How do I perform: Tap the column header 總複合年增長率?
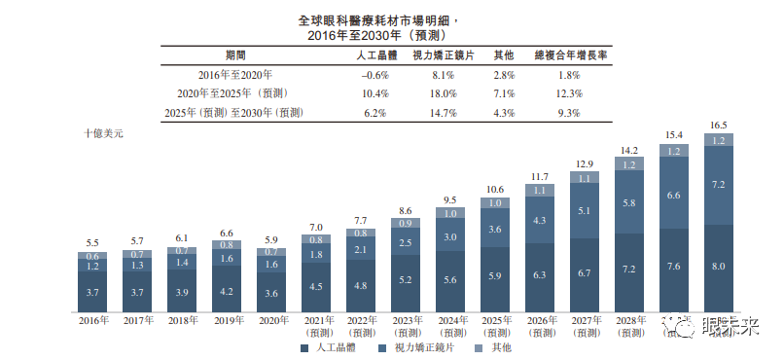pyautogui.click(x=571, y=56)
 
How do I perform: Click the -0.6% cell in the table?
pyautogui.click(x=375, y=75)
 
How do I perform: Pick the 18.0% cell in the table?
pyautogui.click(x=444, y=93)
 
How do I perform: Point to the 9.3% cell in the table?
pyautogui.click(x=571, y=113)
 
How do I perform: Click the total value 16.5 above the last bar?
pyautogui.click(x=719, y=126)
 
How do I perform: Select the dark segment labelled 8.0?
pyautogui.click(x=719, y=267)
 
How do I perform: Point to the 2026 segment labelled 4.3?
pyautogui.click(x=540, y=222)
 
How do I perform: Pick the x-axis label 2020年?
pyautogui.click(x=273, y=319)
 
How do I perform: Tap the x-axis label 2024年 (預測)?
pyautogui.click(x=450, y=324)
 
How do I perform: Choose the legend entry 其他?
pyautogui.click(x=495, y=346)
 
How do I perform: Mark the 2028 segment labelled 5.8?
pyautogui.click(x=629, y=202)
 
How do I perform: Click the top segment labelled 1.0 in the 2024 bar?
pyautogui.click(x=450, y=213)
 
